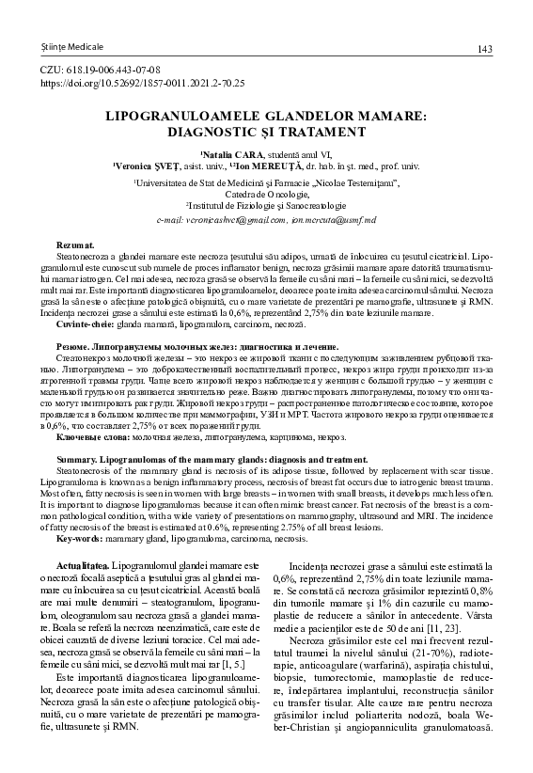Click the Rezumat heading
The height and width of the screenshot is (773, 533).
point(76,245)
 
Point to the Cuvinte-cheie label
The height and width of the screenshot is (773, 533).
point(84,323)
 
